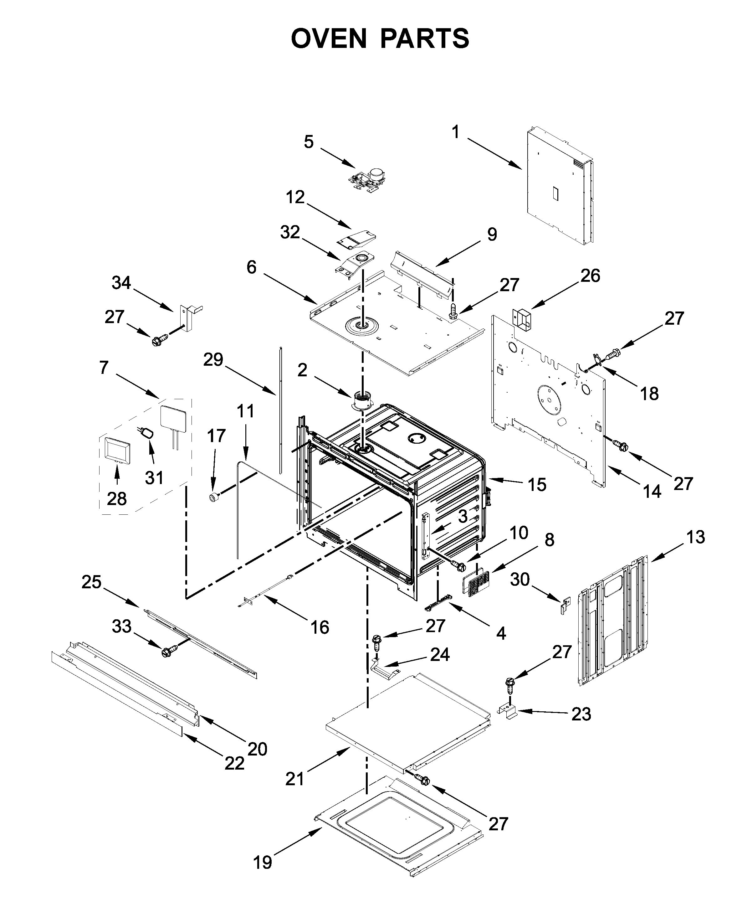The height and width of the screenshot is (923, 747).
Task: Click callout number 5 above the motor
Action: pyautogui.click(x=309, y=142)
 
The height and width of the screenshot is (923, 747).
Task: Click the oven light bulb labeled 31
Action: pyautogui.click(x=148, y=433)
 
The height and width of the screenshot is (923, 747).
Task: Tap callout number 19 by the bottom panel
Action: pyautogui.click(x=263, y=862)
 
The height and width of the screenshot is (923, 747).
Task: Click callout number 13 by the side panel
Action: pyautogui.click(x=696, y=537)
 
